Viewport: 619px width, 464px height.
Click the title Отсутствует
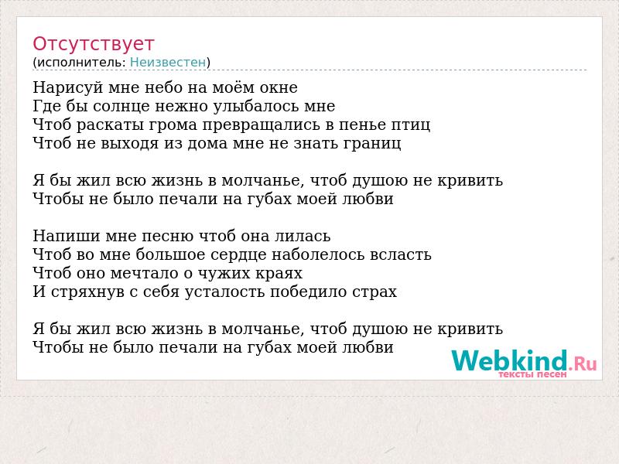point(93,43)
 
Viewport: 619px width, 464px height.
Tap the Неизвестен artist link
point(168,63)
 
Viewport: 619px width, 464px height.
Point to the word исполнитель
point(81,63)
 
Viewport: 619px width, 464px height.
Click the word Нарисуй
point(68,88)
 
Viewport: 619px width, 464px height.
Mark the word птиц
point(411,125)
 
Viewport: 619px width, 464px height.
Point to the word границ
point(372,144)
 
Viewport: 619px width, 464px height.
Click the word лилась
point(303,236)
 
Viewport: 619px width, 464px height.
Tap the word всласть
point(400,255)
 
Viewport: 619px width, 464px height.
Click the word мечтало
point(145,274)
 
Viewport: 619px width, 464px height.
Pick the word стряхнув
point(88,292)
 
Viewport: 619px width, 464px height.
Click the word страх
point(374,292)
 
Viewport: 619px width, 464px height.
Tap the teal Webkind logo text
point(510,360)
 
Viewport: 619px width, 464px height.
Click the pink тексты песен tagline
point(532,374)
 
